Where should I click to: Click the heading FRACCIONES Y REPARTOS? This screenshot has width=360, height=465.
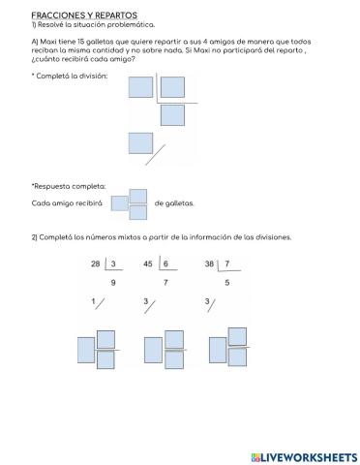tap(84, 15)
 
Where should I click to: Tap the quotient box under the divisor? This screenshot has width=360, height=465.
tap(172, 115)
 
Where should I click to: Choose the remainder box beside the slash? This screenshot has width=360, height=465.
tap(141, 144)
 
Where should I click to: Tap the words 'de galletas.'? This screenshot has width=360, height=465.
tap(174, 203)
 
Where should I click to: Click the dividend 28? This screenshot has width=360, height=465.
tap(95, 263)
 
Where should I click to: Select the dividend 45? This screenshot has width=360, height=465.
tap(148, 263)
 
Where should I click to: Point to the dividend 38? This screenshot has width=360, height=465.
tap(209, 263)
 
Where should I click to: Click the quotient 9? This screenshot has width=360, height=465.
tap(113, 282)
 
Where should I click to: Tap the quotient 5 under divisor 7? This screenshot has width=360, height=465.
tap(227, 282)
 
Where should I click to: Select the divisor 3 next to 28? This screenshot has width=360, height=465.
tap(112, 263)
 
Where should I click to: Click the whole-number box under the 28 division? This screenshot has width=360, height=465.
tap(86, 346)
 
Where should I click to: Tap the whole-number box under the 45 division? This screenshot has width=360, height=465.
tap(153, 346)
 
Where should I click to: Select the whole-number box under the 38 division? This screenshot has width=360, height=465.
tap(216, 346)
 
